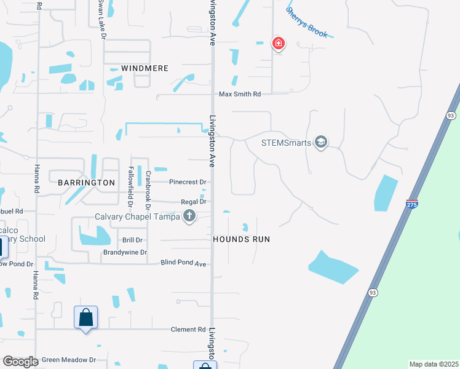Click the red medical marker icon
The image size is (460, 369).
pyautogui.click(x=279, y=44)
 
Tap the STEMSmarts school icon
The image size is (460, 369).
pyautogui.click(x=320, y=143)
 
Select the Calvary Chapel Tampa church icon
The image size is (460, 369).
pyautogui.click(x=189, y=216)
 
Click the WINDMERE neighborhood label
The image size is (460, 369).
pyautogui.click(x=145, y=68)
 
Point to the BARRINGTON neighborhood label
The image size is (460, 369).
pyautogui.click(x=87, y=183)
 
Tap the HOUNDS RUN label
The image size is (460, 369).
pyautogui.click(x=242, y=239)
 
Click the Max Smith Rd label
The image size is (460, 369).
pyautogui.click(x=240, y=94)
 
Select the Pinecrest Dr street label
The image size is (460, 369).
pyautogui.click(x=187, y=182)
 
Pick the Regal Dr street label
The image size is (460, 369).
pyautogui.click(x=193, y=201)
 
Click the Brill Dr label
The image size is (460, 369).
pyautogui.click(x=132, y=240)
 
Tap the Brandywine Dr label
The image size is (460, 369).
pyautogui.click(x=125, y=252)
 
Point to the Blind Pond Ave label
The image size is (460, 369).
pyautogui.click(x=183, y=263)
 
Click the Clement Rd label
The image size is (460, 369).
pyautogui.click(x=188, y=329)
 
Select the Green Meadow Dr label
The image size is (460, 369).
pyautogui.click(x=69, y=360)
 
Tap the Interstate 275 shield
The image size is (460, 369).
pyautogui.click(x=412, y=204)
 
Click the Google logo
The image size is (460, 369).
pyautogui.click(x=20, y=362)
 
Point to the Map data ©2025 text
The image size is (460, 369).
pyautogui.click(x=433, y=364)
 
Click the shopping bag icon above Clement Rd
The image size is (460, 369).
pyautogui.click(x=86, y=317)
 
